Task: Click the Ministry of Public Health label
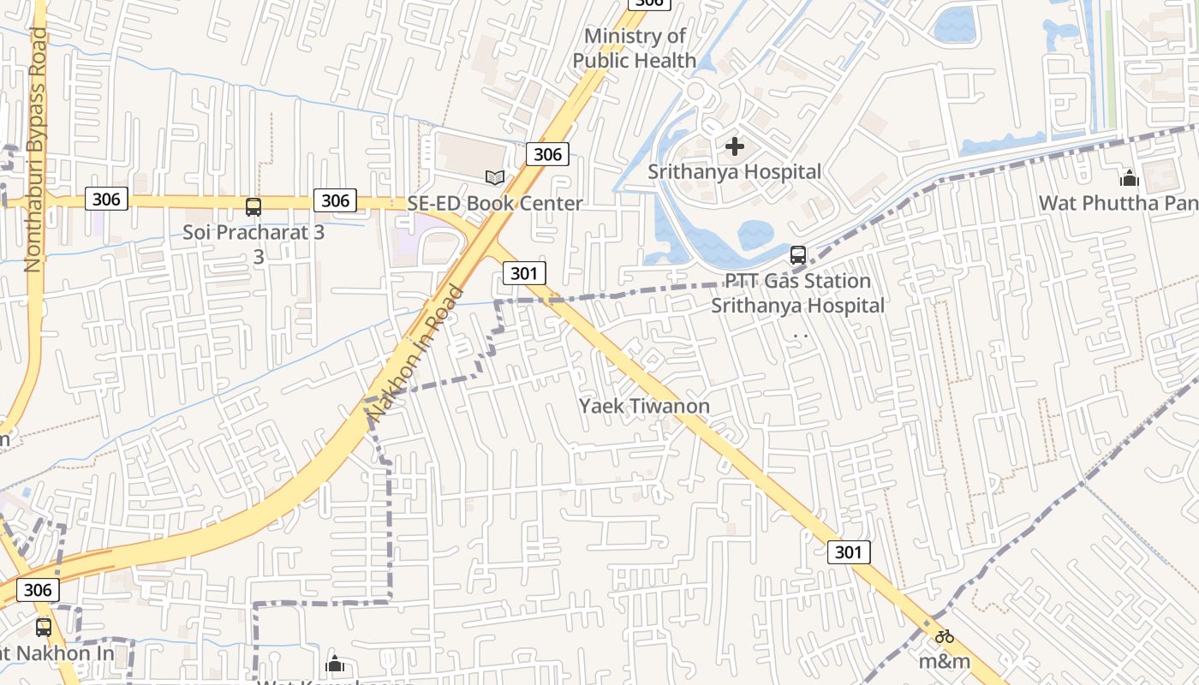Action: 635,48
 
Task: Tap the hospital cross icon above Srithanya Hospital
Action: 735,146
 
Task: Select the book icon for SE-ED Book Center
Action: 495,177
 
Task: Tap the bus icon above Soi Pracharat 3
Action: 254,206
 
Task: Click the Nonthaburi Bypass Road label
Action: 35,150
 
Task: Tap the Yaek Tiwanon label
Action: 644,406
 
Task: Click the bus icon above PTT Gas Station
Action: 798,254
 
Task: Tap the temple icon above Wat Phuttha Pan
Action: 1130,177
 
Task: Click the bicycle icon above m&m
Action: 945,636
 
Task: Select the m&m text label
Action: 945,662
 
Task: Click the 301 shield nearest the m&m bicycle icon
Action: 849,552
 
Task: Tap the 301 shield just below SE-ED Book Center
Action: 523,273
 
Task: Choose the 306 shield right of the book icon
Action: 547,154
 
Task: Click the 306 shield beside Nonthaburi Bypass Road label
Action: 106,200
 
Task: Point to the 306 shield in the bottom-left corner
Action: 38,590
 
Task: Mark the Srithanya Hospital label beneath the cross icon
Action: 734,172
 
